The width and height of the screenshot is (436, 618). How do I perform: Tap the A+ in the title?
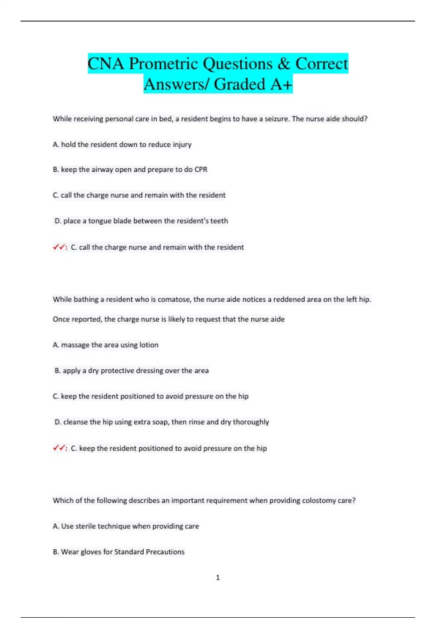pos(281,84)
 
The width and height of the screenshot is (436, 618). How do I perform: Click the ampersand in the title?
pos(283,64)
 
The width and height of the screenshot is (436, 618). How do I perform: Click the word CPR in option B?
pos(201,170)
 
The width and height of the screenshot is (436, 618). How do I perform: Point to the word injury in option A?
pos(182,145)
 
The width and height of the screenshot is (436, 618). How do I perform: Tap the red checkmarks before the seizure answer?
pos(59,247)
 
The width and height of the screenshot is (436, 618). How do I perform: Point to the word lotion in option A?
pos(149,345)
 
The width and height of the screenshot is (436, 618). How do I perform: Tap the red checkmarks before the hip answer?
pos(59,448)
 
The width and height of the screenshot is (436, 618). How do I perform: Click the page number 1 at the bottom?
pos(218,577)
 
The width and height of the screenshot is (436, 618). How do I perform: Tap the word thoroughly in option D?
pos(251,422)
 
